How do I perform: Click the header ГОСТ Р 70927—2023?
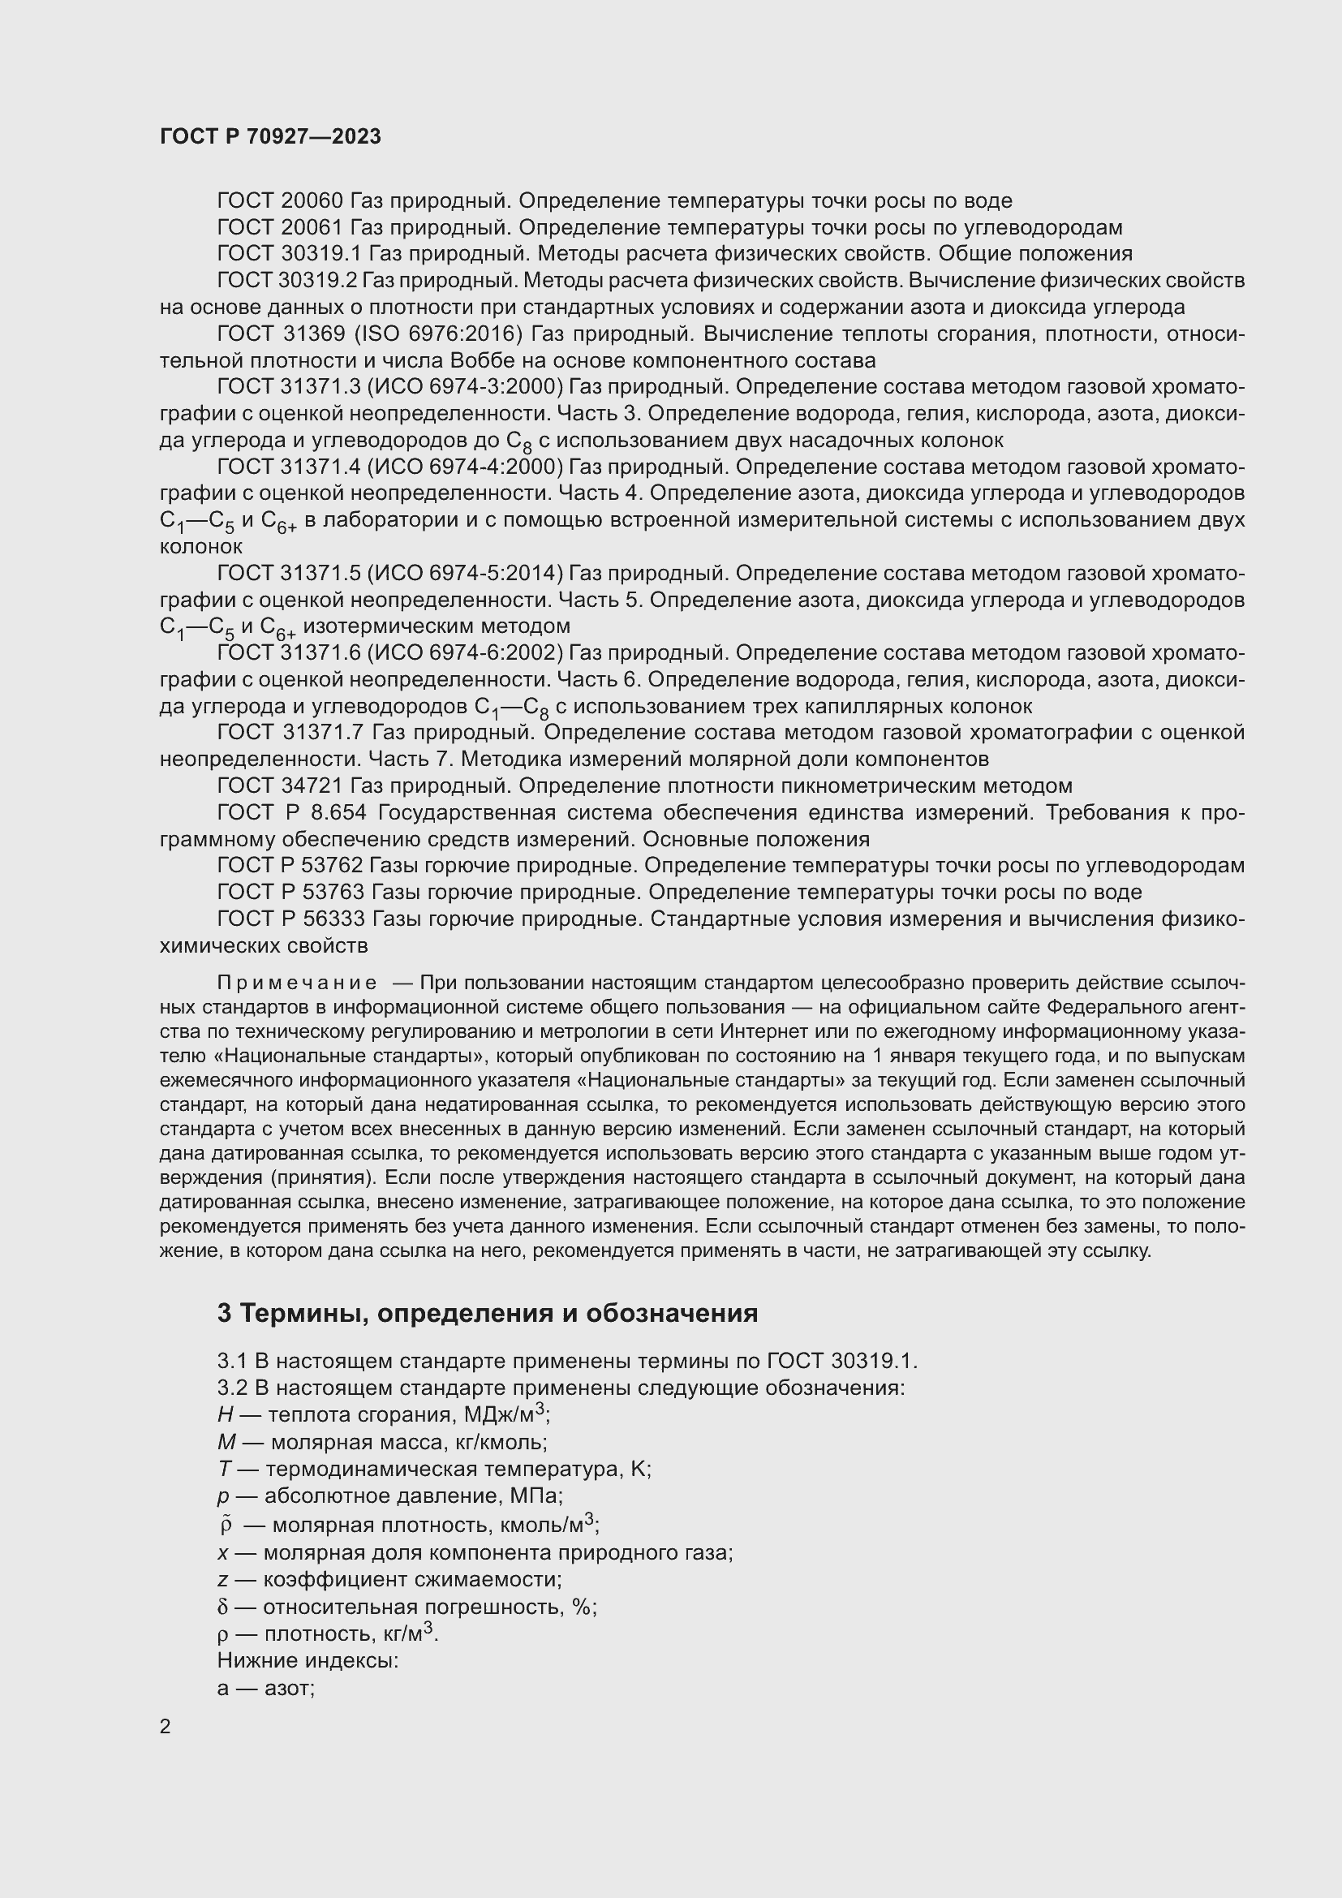click(x=270, y=136)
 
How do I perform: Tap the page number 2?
click(x=166, y=1726)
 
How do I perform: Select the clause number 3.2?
click(x=232, y=1387)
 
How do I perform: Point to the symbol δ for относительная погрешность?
click(x=222, y=1607)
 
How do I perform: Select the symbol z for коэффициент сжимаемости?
click(x=222, y=1580)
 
